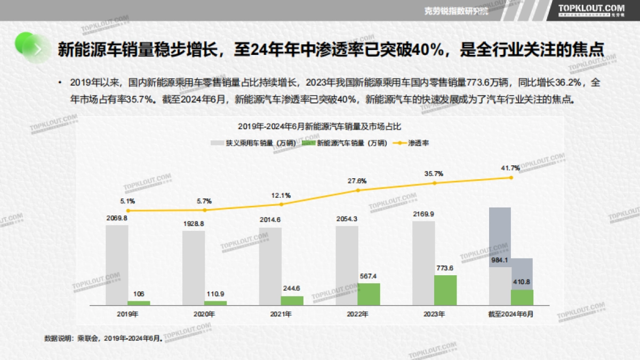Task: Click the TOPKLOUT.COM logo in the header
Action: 591,9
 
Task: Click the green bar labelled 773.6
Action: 445,290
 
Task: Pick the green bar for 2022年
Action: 369,294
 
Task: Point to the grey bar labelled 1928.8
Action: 194,268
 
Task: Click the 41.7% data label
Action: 509,169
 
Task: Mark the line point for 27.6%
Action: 358,190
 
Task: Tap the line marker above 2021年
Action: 282,204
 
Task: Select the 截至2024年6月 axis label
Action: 510,314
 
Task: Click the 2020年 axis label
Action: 204,314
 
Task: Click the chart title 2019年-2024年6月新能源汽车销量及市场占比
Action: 319,126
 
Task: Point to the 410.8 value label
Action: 522,282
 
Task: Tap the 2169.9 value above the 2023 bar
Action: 423,214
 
